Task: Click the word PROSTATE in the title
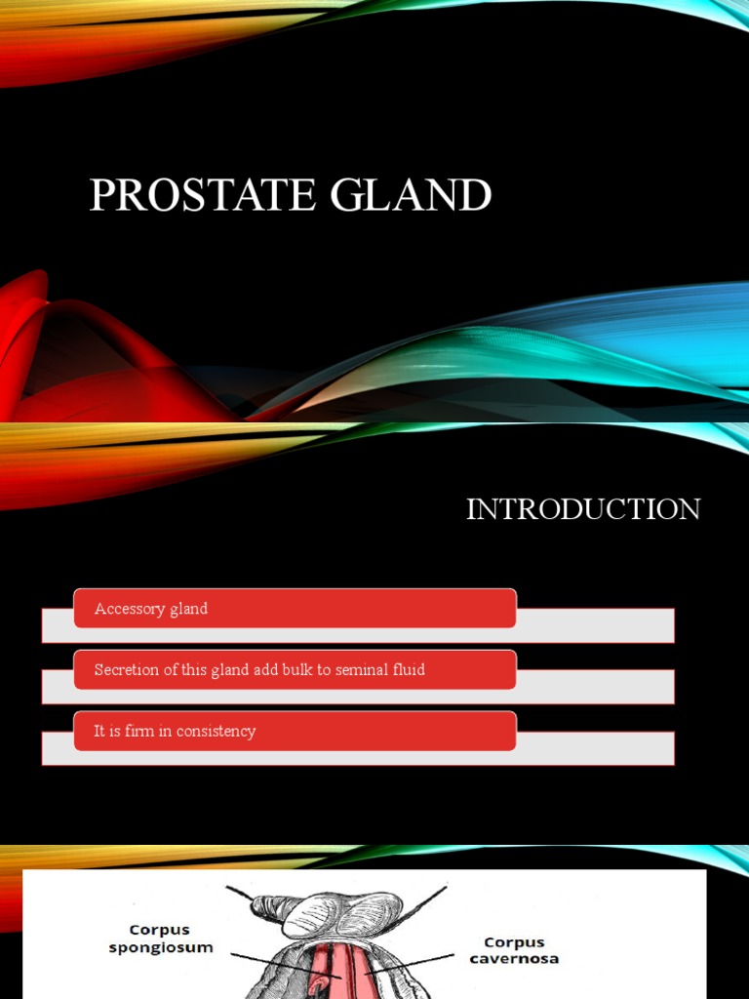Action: pyautogui.click(x=203, y=194)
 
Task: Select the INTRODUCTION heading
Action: pyautogui.click(x=582, y=509)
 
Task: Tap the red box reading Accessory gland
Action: pyautogui.click(x=295, y=608)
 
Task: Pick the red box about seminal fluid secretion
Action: pyautogui.click(x=295, y=669)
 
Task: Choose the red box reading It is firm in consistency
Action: pyautogui.click(x=295, y=731)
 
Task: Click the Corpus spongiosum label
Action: pyautogui.click(x=161, y=938)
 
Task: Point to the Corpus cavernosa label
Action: pyautogui.click(x=514, y=951)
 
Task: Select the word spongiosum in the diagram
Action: pyautogui.click(x=161, y=947)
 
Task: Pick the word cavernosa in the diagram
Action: pyautogui.click(x=514, y=959)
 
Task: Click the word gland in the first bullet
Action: pyautogui.click(x=188, y=609)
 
